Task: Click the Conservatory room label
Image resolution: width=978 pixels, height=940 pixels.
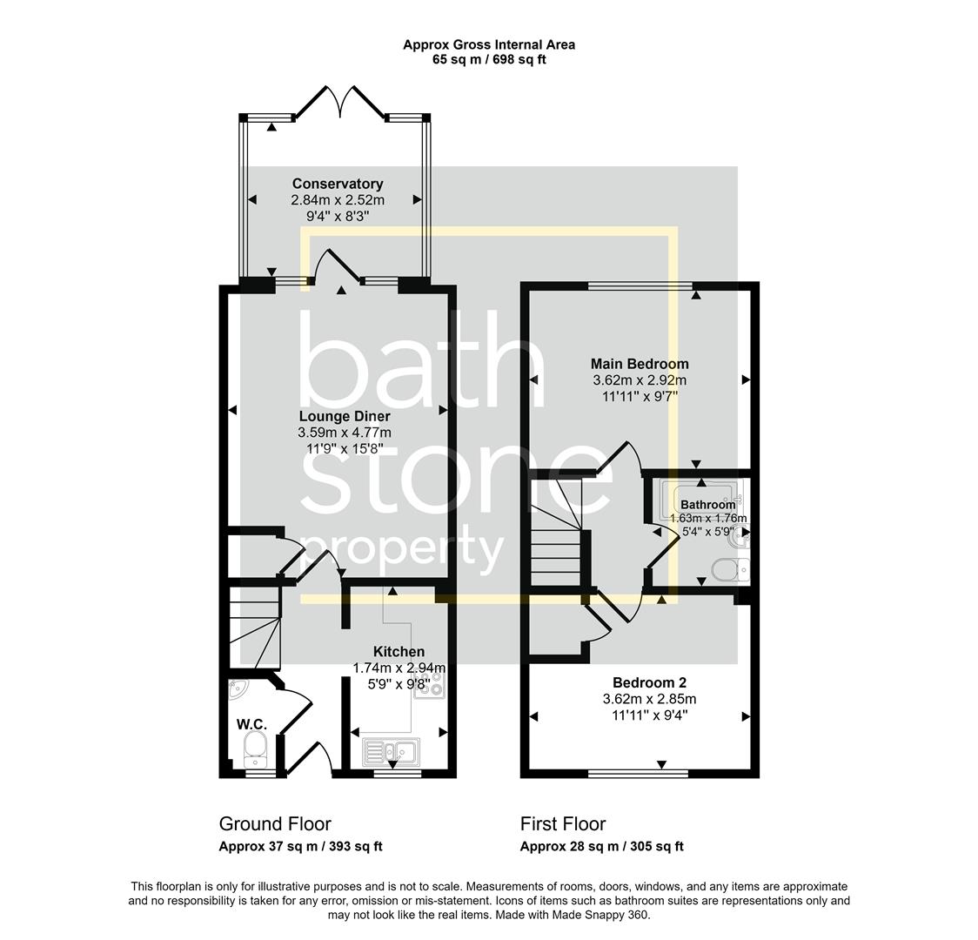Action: pyautogui.click(x=338, y=184)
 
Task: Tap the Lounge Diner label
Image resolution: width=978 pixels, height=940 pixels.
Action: pyautogui.click(x=345, y=416)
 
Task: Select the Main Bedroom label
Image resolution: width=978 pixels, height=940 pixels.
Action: pyautogui.click(x=640, y=364)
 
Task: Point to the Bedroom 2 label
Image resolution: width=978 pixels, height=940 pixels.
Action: pyautogui.click(x=649, y=683)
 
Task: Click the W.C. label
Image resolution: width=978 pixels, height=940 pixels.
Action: pyautogui.click(x=252, y=724)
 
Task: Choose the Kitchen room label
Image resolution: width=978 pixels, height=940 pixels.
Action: pyautogui.click(x=399, y=652)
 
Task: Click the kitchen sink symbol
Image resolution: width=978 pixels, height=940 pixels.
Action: pyautogui.click(x=391, y=751)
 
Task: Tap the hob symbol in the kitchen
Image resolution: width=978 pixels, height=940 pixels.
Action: pyautogui.click(x=429, y=685)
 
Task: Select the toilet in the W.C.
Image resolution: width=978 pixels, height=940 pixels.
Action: pyautogui.click(x=254, y=749)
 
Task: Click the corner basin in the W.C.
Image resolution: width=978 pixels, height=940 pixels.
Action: pyautogui.click(x=237, y=688)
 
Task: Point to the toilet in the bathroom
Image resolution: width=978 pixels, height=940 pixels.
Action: pyautogui.click(x=730, y=569)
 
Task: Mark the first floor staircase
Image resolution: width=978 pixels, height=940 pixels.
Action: pyautogui.click(x=556, y=532)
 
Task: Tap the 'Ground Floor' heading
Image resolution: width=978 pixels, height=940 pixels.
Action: pyautogui.click(x=275, y=824)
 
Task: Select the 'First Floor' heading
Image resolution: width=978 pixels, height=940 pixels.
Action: pyautogui.click(x=563, y=824)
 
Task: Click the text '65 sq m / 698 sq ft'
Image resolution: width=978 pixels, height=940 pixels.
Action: pyautogui.click(x=489, y=60)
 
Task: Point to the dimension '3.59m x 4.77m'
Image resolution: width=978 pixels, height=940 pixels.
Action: pyautogui.click(x=345, y=433)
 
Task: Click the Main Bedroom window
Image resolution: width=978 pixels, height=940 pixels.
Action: pyautogui.click(x=640, y=286)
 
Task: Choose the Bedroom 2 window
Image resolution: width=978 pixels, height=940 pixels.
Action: pyautogui.click(x=638, y=774)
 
